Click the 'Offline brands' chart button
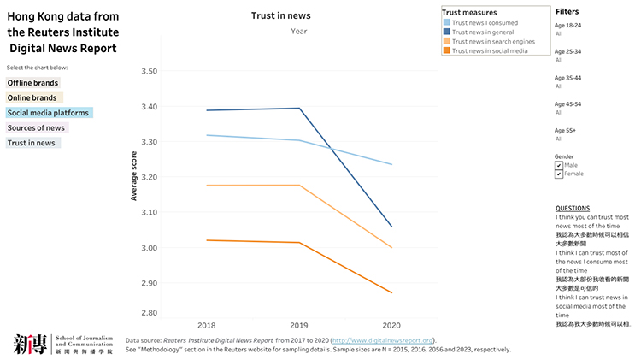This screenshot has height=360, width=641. tap(33, 83)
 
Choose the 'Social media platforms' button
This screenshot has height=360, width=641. tap(48, 113)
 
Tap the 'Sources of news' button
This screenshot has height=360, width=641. tap(36, 127)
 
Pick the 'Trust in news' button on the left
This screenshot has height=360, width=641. tap(32, 143)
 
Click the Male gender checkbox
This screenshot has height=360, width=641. tap(559, 165)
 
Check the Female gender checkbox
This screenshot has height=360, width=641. tap(559, 174)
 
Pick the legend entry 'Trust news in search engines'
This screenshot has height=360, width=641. tap(493, 41)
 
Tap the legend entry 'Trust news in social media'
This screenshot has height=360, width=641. tap(490, 50)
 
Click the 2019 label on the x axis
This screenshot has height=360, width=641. tap(300, 326)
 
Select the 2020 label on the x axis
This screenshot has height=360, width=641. tap(391, 326)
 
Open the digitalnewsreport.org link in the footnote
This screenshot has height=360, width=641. tap(383, 340)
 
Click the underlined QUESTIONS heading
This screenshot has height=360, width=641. tap(572, 208)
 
